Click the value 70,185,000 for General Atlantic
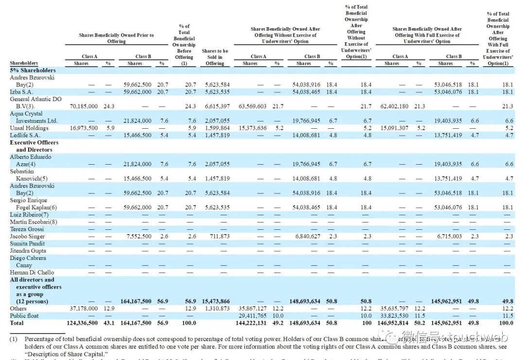[x=84, y=106]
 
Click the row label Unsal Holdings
[x=29, y=128]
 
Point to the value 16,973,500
[x=84, y=128]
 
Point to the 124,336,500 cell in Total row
[x=82, y=323]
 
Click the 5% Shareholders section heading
[x=33, y=70]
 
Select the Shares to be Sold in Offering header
[x=215, y=57]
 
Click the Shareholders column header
[x=24, y=64]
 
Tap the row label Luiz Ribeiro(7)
[x=29, y=215]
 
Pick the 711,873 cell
[x=218, y=237]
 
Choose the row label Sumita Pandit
[x=27, y=244]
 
